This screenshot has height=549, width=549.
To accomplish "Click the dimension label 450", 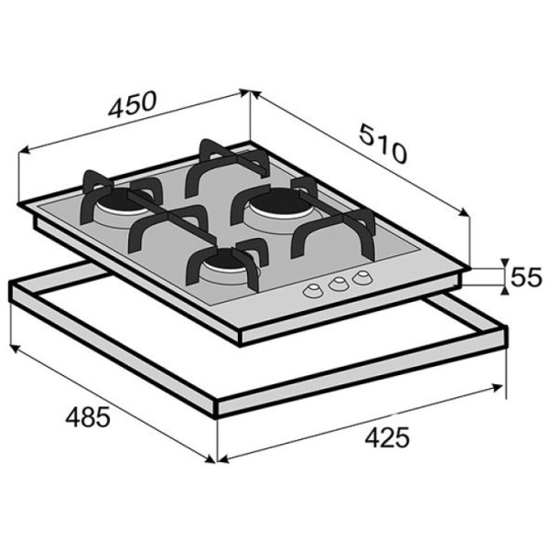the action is click(132, 103).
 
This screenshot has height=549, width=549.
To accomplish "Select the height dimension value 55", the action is click(526, 277).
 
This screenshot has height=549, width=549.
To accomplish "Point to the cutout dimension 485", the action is click(88, 416).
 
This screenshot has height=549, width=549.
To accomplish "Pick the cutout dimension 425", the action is click(387, 437).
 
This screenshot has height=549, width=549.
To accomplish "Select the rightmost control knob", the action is click(362, 276).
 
